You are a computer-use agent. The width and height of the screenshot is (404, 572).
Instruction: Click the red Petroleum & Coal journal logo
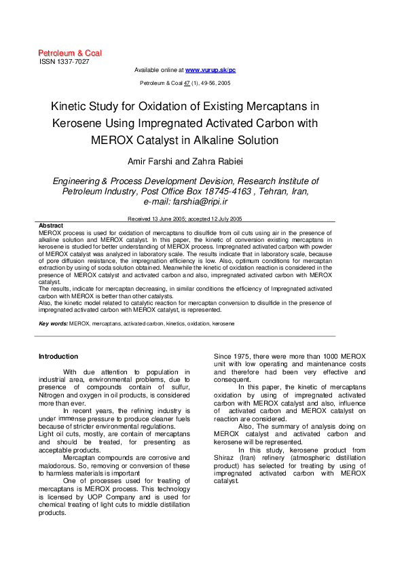pyautogui.click(x=69, y=53)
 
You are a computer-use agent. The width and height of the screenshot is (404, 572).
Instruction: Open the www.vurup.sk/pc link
pyautogui.click(x=210, y=70)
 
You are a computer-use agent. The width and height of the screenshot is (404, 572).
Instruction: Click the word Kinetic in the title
pyautogui.click(x=71, y=107)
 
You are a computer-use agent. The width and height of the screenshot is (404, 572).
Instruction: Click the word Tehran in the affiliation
pyautogui.click(x=272, y=192)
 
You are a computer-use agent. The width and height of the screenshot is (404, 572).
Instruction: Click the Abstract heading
pyautogui.click(x=51, y=226)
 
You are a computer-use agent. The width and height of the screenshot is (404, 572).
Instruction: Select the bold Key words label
pyautogui.click(x=54, y=324)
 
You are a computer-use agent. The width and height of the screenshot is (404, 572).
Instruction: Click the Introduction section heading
pyautogui.click(x=58, y=357)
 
